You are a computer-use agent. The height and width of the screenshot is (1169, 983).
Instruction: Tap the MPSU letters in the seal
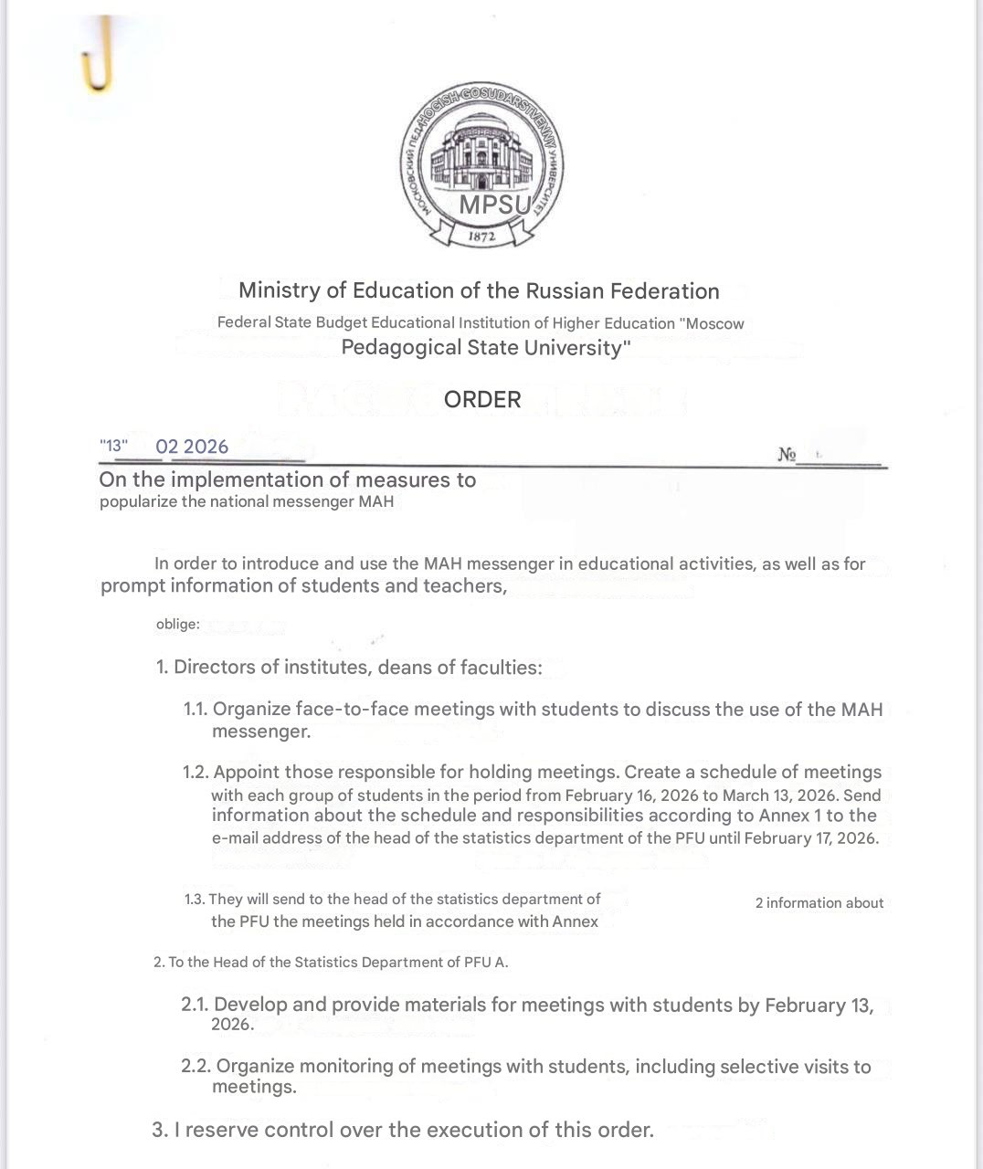[x=494, y=205]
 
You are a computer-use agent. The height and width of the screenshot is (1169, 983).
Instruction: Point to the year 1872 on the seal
[x=481, y=237]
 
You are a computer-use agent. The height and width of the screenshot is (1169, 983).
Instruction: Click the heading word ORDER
[x=482, y=400]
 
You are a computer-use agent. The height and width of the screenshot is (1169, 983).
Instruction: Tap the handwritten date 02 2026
[x=192, y=447]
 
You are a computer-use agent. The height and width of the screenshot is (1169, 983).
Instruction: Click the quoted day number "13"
[x=114, y=447]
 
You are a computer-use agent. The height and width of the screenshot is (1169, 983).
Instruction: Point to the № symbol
[x=787, y=454]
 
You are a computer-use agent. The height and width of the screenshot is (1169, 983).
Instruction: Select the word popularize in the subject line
[x=138, y=501]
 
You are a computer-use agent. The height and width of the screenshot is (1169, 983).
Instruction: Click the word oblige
[x=177, y=625]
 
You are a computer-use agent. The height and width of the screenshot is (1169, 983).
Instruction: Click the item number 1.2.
[x=196, y=773]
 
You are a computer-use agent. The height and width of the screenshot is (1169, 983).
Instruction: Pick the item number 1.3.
[x=195, y=900]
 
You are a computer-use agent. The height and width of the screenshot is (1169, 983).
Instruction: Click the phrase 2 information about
[x=819, y=903]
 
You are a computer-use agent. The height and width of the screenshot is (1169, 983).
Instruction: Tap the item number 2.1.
[x=195, y=1006]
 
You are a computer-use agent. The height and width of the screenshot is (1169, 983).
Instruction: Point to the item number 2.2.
[x=196, y=1067]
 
